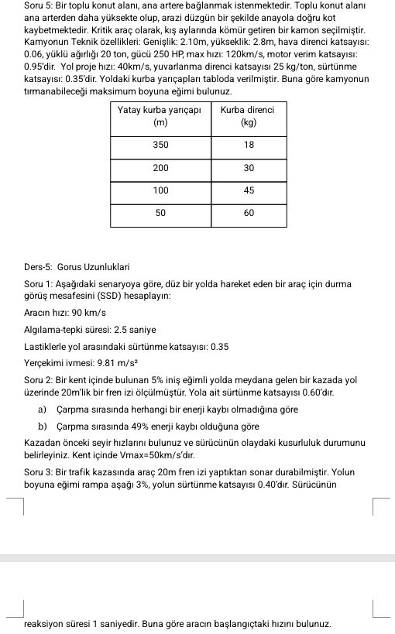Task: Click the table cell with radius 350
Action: [x=160, y=145]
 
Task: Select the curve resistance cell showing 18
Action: [x=249, y=145]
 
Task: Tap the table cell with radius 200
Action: [x=160, y=167]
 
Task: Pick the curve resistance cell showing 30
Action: [x=249, y=167]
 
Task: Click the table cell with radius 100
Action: [x=160, y=190]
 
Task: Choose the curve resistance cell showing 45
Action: [x=249, y=190]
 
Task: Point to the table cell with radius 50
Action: [x=160, y=212]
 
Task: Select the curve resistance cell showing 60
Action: [x=249, y=212]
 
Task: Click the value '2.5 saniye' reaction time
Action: [x=121, y=329]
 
